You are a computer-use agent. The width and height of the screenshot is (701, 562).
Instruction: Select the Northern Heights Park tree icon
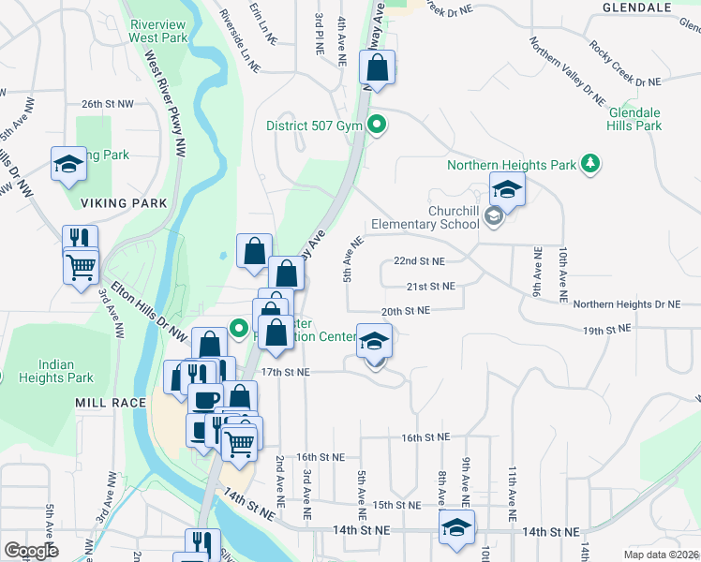(x=589, y=165)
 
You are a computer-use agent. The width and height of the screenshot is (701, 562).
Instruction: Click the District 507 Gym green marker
(x=377, y=125)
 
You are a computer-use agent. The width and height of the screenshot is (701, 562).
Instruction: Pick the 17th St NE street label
(x=284, y=372)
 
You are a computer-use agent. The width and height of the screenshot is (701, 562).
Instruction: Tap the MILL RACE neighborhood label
(x=111, y=403)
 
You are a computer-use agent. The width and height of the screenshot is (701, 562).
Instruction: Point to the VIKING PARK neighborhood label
(x=123, y=203)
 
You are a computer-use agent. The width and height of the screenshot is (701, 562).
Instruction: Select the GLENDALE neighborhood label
(x=638, y=7)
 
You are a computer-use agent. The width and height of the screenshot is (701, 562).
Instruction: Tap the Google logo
(x=31, y=550)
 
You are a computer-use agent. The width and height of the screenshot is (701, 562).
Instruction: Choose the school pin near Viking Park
(x=67, y=165)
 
